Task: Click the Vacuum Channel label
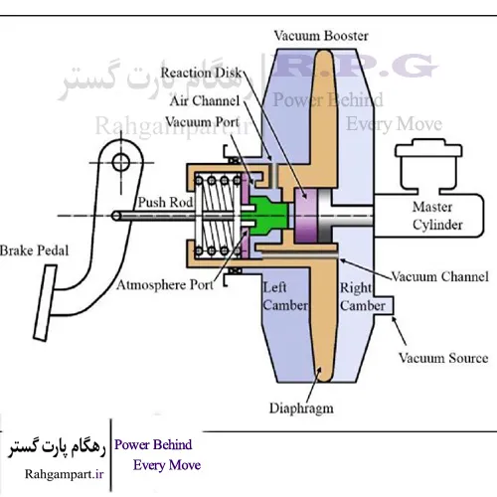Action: pos(440,274)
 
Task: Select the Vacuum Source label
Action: pos(443,358)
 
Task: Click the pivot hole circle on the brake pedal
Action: pos(122,160)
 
